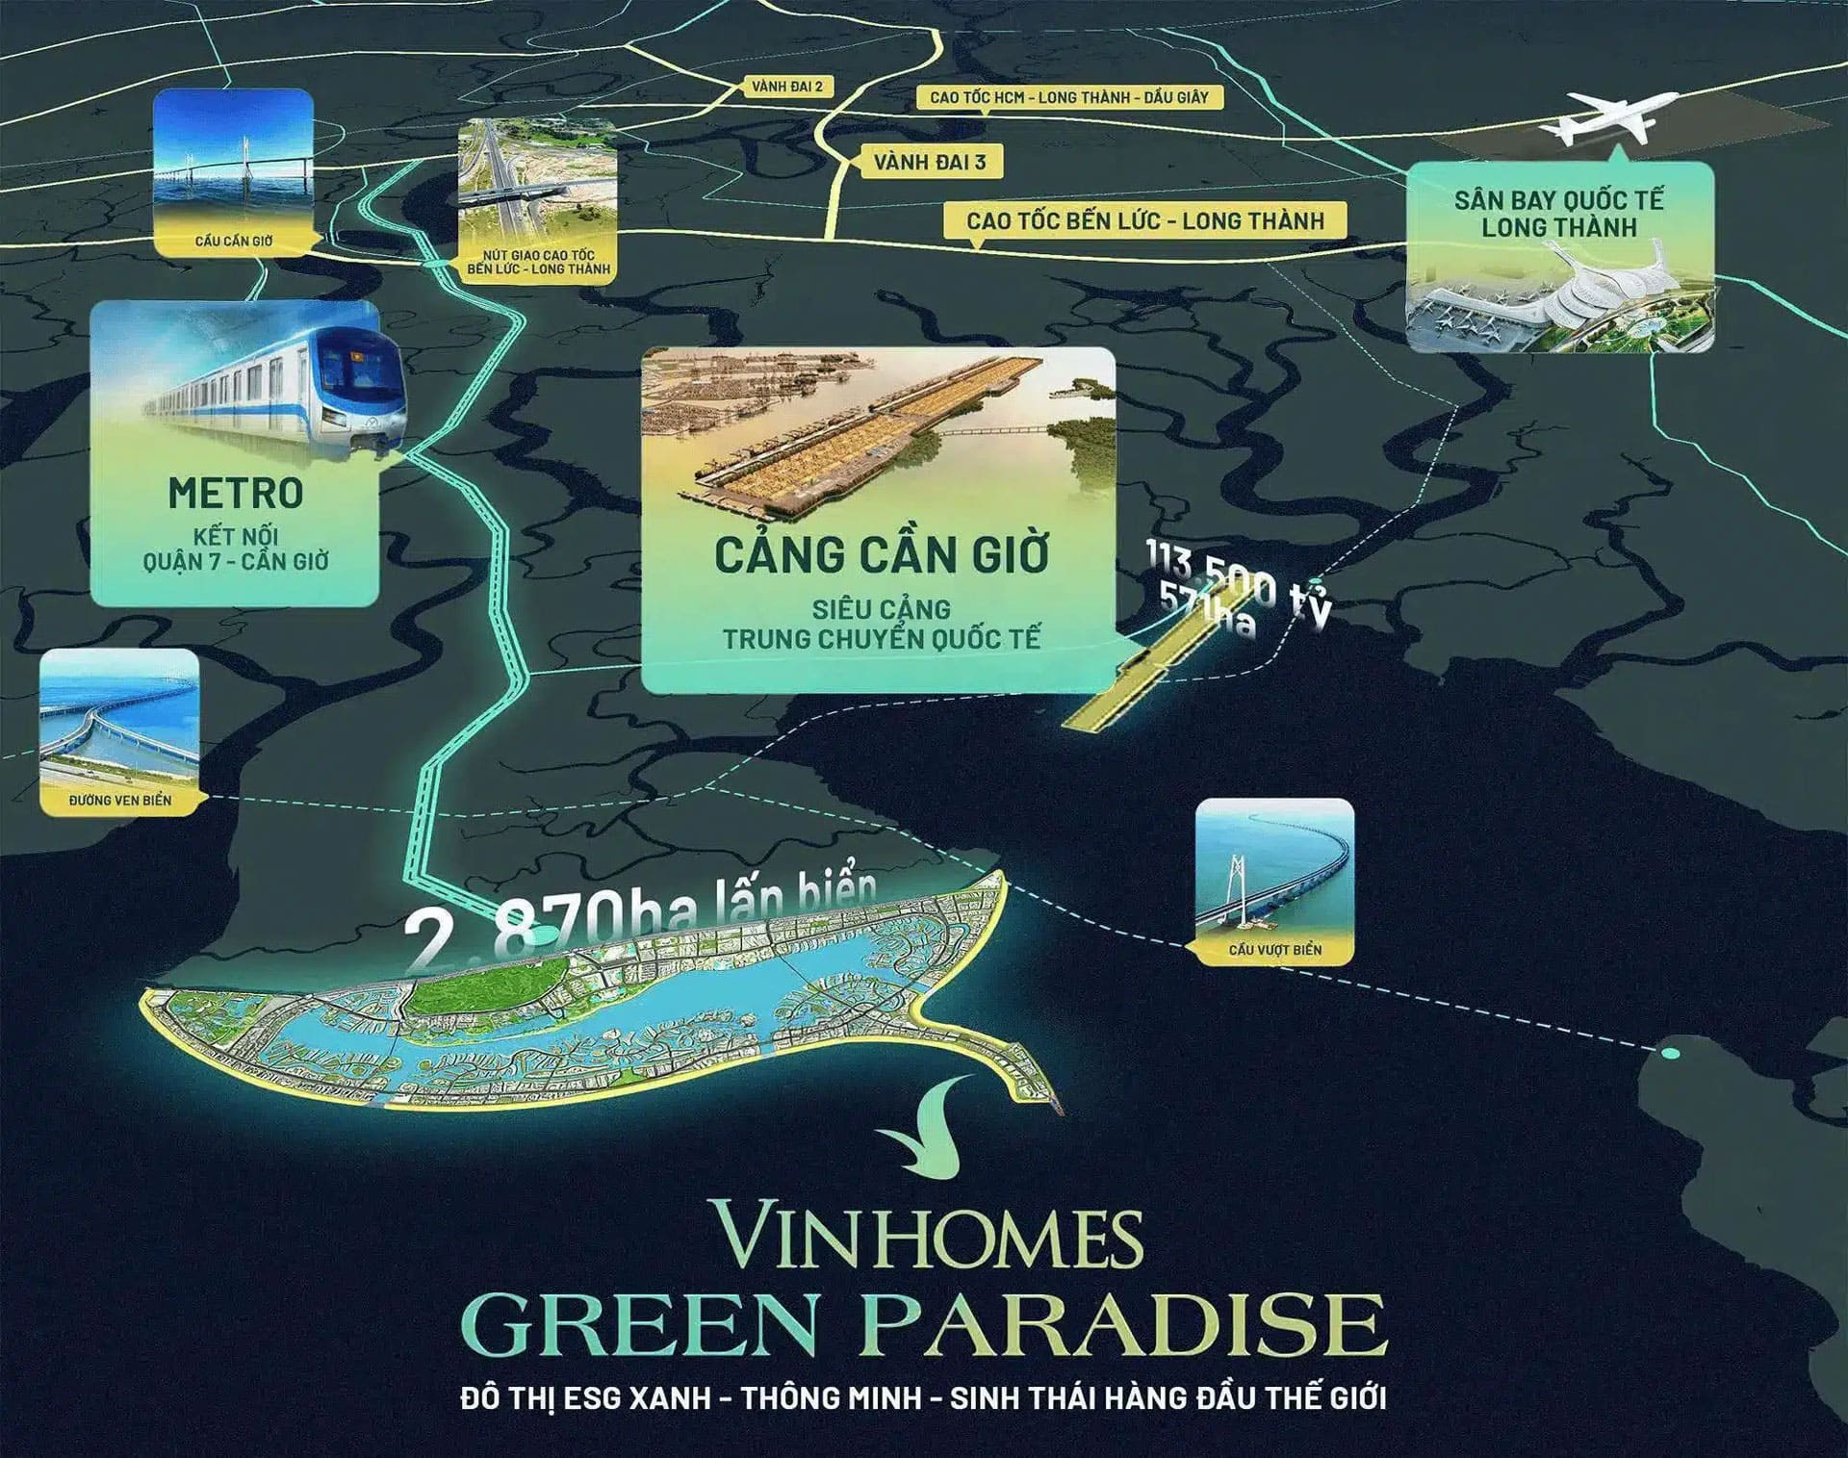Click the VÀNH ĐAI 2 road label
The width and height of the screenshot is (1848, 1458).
pos(787,87)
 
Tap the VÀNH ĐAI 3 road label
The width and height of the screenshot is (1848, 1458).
pos(929,162)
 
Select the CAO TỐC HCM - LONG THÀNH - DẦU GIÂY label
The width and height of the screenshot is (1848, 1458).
pos(1068,97)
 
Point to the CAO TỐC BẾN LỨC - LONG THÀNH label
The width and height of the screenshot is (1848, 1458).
pos(1145,220)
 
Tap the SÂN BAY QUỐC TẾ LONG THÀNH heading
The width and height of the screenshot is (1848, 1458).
pos(1558,214)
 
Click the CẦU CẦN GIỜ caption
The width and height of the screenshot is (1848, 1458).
pos(234,241)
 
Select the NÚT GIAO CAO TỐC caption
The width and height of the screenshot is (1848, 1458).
pos(538,262)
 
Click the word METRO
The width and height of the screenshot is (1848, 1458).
pos(236,494)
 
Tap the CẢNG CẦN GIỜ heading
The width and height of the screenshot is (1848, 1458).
pos(881,555)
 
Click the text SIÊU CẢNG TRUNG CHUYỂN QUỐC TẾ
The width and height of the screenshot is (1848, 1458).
pos(881,624)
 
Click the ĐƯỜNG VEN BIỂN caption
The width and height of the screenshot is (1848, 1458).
pos(120,800)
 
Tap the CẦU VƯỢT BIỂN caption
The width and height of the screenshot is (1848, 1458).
pos(1274,950)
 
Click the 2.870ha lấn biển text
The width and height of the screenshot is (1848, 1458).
pos(640,923)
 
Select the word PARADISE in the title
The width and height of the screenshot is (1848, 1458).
pos(1126,1325)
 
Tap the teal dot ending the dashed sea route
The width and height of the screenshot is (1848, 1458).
pos(1671,1054)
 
